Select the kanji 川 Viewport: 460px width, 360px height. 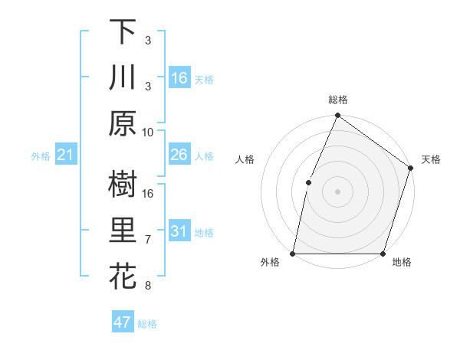point(123,77)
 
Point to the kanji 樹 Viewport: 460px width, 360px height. point(123,185)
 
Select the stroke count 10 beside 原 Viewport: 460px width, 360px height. point(148,132)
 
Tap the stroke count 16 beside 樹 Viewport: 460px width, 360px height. point(148,193)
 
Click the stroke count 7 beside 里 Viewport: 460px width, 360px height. point(148,240)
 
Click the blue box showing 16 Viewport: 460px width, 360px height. point(179,77)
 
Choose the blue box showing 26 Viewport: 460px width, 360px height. point(179,155)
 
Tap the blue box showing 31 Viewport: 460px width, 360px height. point(179,231)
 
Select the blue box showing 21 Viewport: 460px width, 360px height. point(65,155)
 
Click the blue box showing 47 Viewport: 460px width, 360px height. point(123,322)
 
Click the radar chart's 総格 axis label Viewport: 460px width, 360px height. point(337,100)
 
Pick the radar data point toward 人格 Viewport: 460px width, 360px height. point(308,182)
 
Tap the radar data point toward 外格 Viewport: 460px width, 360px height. point(293,253)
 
